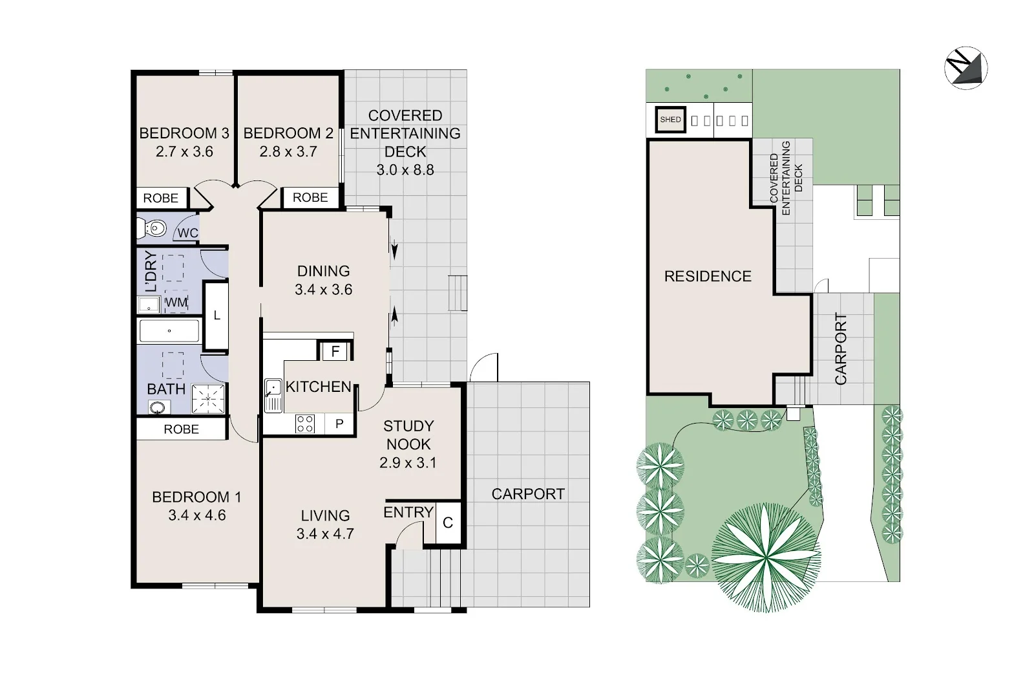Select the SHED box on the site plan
(670, 120)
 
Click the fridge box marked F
(335, 351)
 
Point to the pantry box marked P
(339, 423)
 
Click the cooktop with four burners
(304, 424)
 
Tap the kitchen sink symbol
(273, 395)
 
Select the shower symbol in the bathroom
(208, 398)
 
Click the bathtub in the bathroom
(169, 330)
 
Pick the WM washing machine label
(176, 303)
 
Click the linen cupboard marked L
(216, 316)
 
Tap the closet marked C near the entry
(448, 523)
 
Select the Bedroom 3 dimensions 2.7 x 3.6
(184, 151)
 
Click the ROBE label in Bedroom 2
(310, 197)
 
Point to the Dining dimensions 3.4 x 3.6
(324, 290)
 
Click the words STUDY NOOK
(408, 435)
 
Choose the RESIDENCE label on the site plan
(708, 276)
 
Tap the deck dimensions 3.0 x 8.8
(405, 170)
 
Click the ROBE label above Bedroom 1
(182, 429)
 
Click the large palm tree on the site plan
(765, 558)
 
